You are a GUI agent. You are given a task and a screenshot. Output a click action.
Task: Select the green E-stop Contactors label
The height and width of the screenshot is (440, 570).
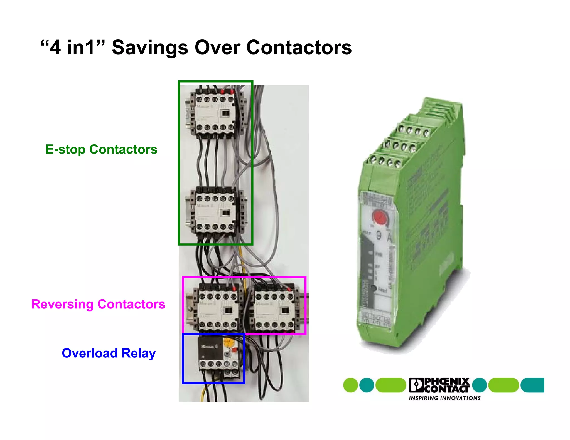(x=101, y=149)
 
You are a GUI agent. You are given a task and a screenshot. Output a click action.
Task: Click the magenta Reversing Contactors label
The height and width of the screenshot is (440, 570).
(x=98, y=304)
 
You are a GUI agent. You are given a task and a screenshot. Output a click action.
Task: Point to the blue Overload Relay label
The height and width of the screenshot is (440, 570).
(x=109, y=353)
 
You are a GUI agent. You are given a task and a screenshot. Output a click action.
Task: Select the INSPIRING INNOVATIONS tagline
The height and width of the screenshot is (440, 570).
(x=444, y=398)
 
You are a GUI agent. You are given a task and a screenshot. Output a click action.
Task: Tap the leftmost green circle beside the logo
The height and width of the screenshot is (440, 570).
(x=350, y=385)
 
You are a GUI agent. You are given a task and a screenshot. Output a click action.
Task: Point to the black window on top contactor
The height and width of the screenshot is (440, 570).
(x=225, y=113)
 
